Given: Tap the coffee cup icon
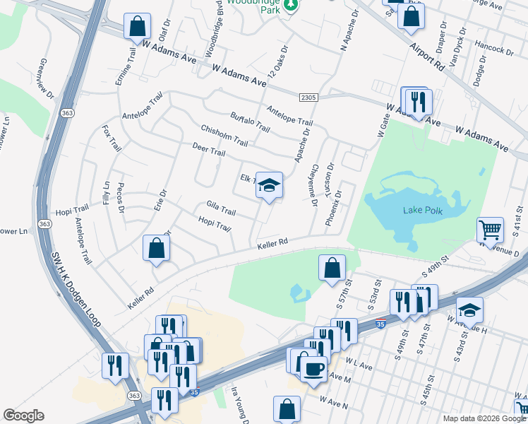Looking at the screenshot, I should (313, 368).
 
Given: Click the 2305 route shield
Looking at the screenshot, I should (308, 97).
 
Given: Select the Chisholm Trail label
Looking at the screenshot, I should (224, 135).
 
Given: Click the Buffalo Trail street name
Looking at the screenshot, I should (250, 122).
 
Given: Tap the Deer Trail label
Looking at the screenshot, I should (208, 150).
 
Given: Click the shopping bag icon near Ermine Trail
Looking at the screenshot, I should (137, 27).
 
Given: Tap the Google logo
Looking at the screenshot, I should (23, 416).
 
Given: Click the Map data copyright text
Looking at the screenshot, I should (484, 418).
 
